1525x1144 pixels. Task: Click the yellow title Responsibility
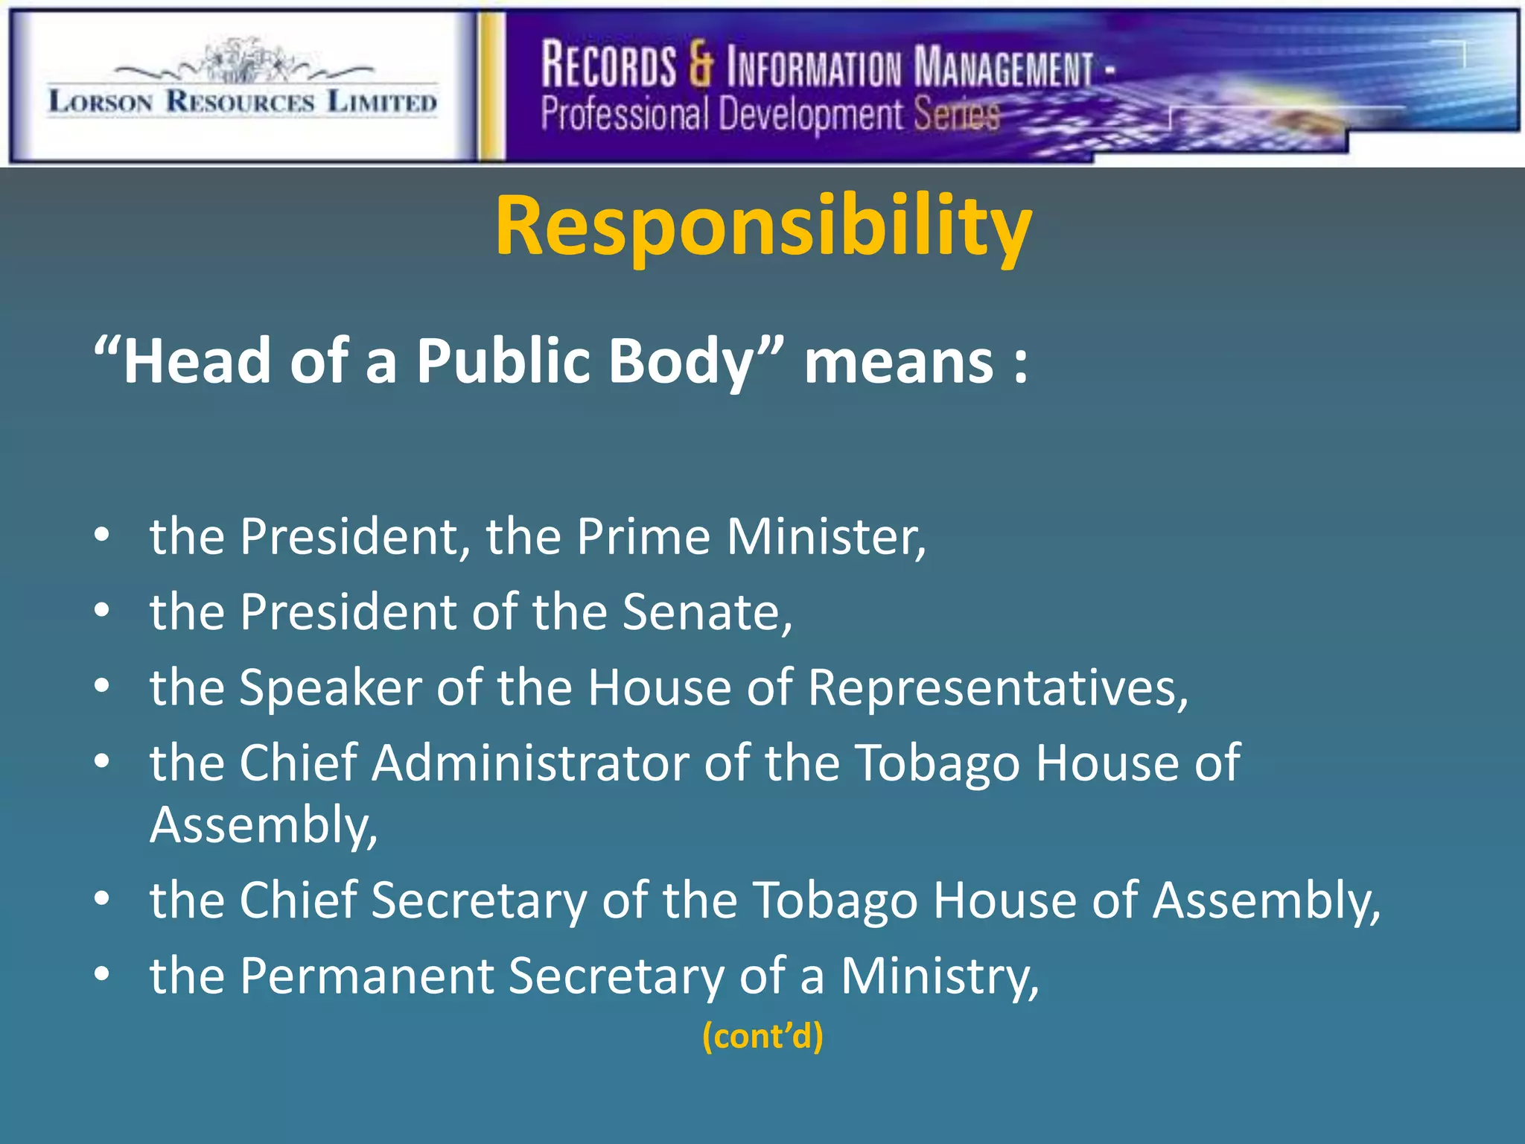click(763, 226)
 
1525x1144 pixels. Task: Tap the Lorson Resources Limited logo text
click(243, 101)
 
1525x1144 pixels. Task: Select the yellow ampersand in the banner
click(700, 66)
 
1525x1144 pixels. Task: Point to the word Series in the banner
click(956, 115)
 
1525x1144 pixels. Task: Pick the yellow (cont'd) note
click(762, 1036)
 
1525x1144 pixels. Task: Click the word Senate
click(707, 612)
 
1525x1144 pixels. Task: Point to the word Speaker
click(330, 688)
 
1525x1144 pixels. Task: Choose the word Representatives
click(997, 687)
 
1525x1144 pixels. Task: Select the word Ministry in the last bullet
click(939, 976)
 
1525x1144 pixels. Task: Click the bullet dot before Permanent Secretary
click(102, 973)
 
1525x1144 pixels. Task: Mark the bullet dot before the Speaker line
click(102, 685)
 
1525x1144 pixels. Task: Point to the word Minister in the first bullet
click(826, 536)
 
